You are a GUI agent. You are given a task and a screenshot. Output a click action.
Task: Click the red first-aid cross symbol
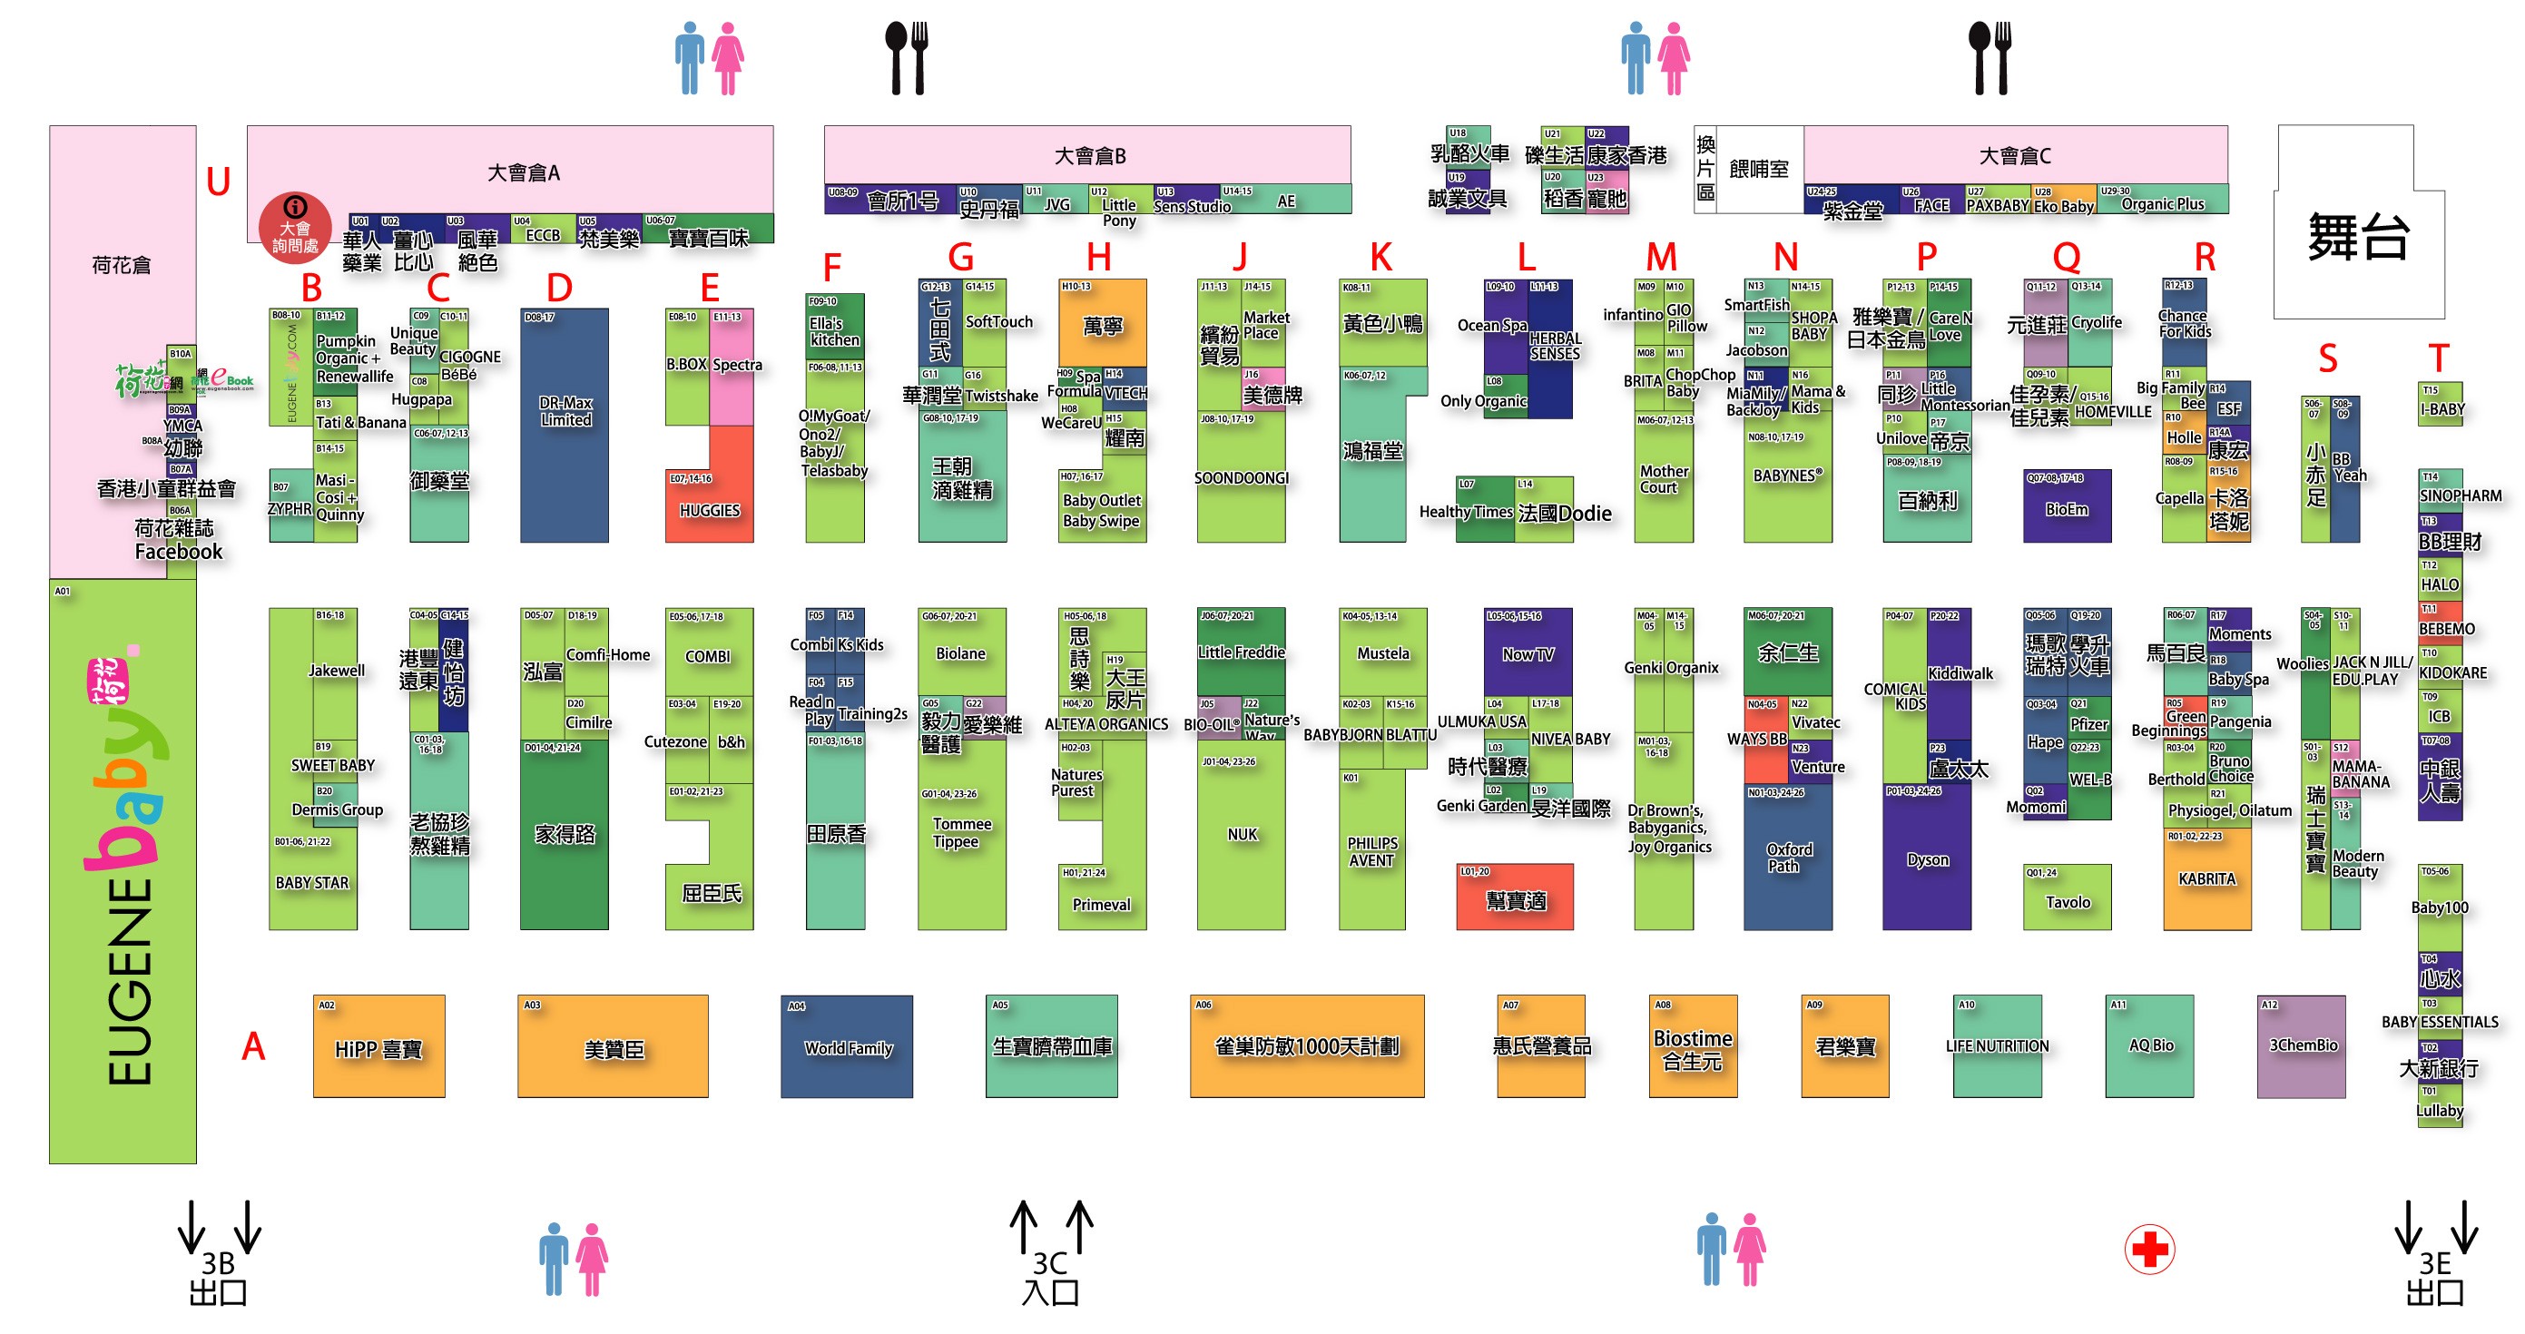(x=2149, y=1249)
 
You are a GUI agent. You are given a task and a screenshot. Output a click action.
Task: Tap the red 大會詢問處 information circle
(x=294, y=228)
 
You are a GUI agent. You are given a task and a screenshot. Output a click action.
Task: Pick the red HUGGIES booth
(x=709, y=505)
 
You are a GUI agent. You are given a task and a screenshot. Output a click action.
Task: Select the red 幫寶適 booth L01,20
(x=1515, y=897)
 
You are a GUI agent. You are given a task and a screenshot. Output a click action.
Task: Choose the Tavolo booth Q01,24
(x=2067, y=897)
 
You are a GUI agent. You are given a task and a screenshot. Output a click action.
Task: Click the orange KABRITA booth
(x=2206, y=879)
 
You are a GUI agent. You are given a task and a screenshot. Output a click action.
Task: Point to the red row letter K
(x=1380, y=258)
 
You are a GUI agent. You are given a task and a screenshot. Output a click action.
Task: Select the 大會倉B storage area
(x=1088, y=155)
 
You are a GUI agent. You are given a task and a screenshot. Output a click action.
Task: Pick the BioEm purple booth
(x=2067, y=506)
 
